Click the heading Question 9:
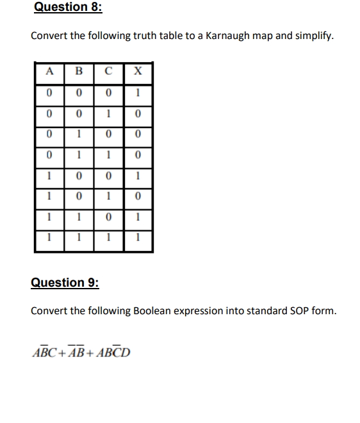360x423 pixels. click(x=66, y=282)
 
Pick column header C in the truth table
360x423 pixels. click(x=109, y=72)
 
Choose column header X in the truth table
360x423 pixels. click(x=138, y=72)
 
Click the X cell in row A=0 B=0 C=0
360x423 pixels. click(x=138, y=94)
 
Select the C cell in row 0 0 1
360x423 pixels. click(x=109, y=115)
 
